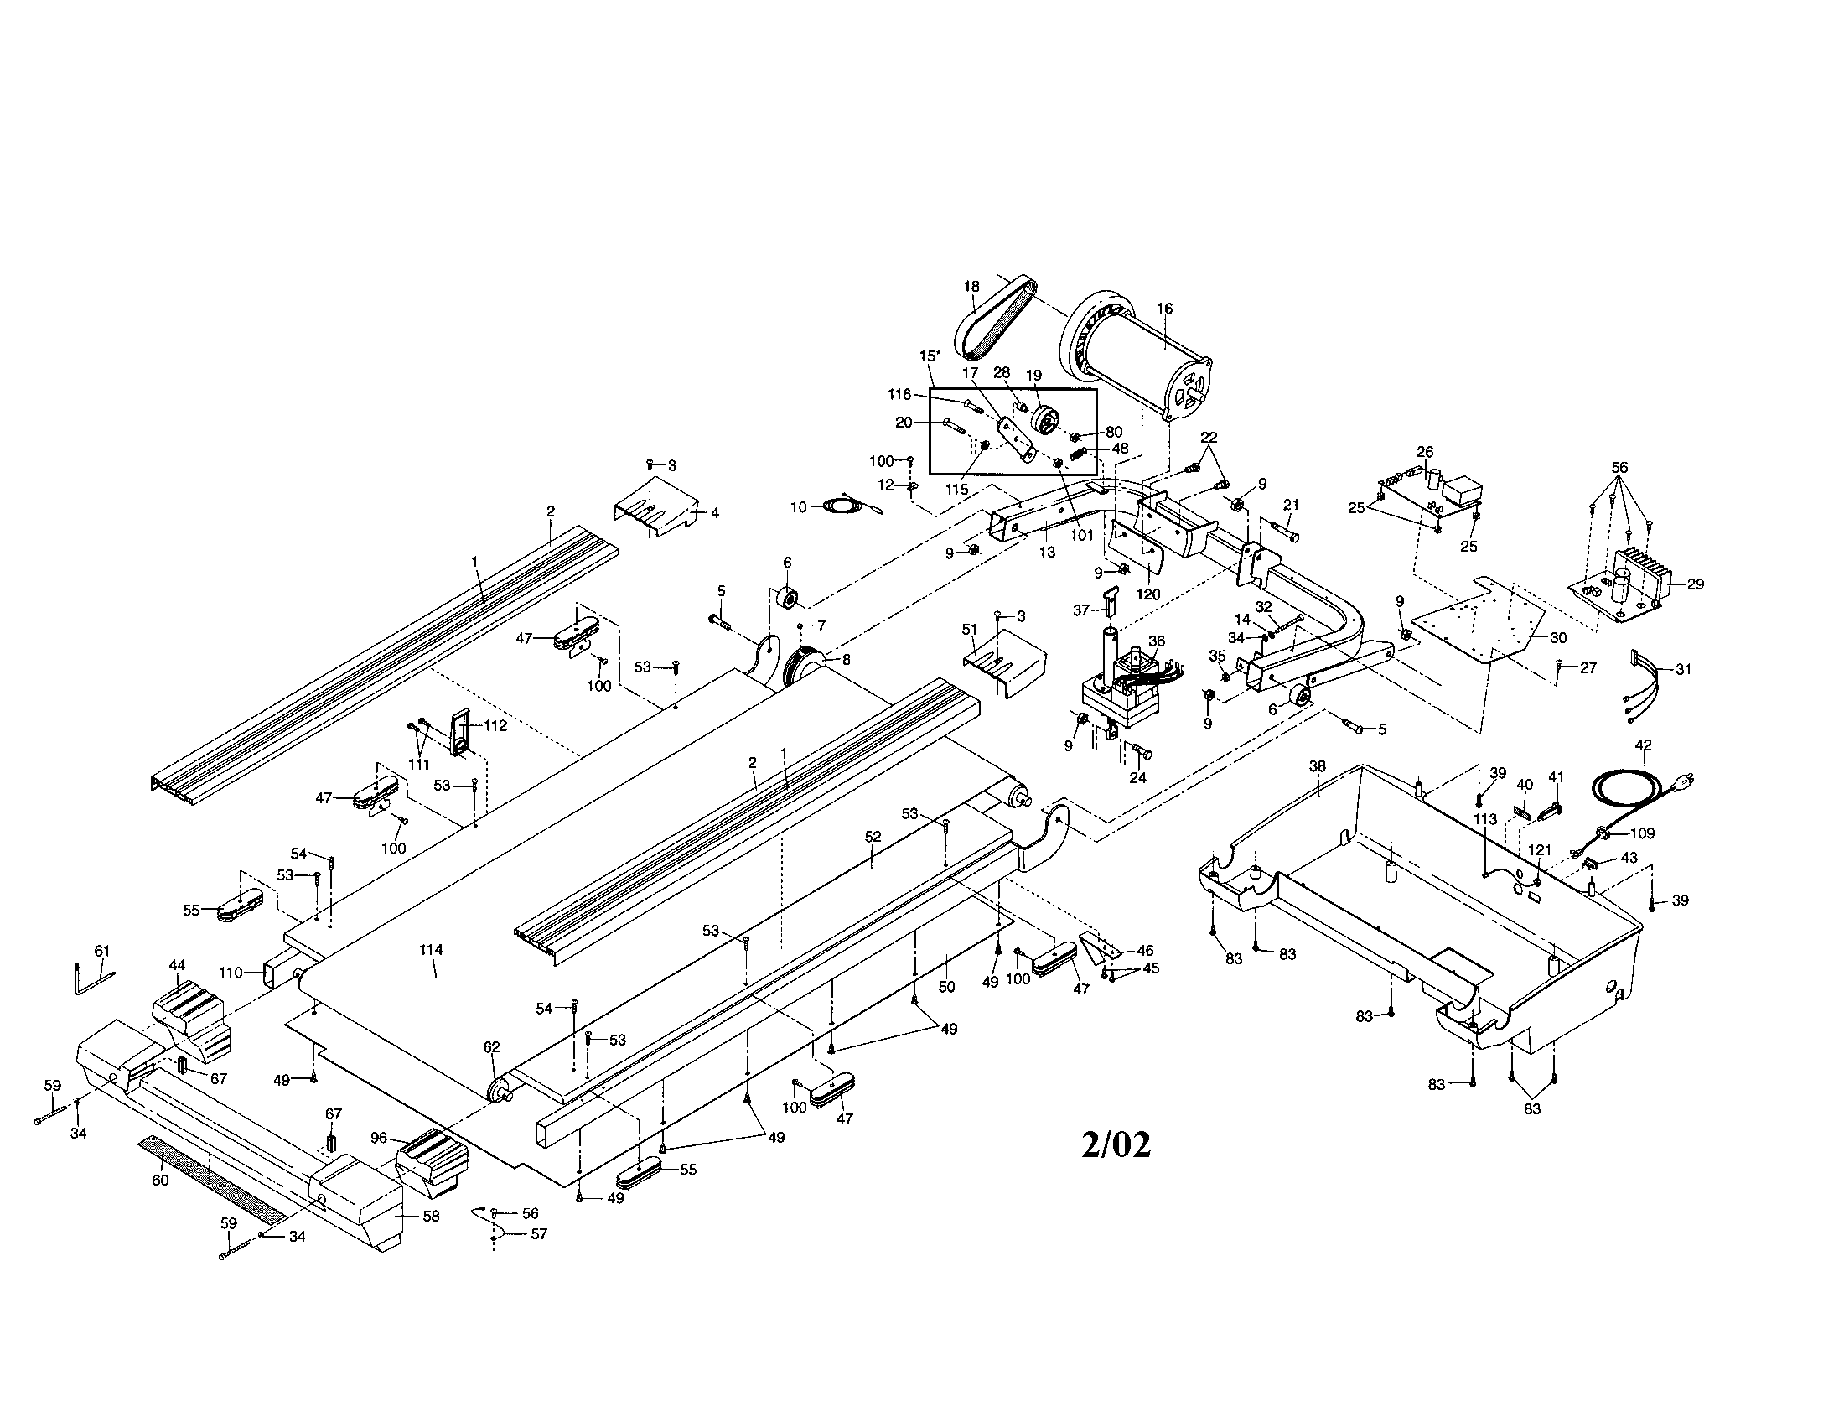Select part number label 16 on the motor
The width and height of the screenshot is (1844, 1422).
coord(1164,309)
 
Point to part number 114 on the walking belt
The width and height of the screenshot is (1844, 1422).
coord(431,950)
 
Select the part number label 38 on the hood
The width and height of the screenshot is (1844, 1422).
coord(1317,765)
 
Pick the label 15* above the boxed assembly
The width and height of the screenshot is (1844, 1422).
coord(930,355)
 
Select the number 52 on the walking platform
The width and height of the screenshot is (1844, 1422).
coord(873,837)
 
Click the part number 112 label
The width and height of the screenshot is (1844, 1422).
coord(495,724)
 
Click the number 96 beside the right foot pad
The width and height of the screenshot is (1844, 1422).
coord(379,1139)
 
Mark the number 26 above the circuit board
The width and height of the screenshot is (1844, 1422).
coord(1425,452)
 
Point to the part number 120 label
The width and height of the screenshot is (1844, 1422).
coord(1148,594)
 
